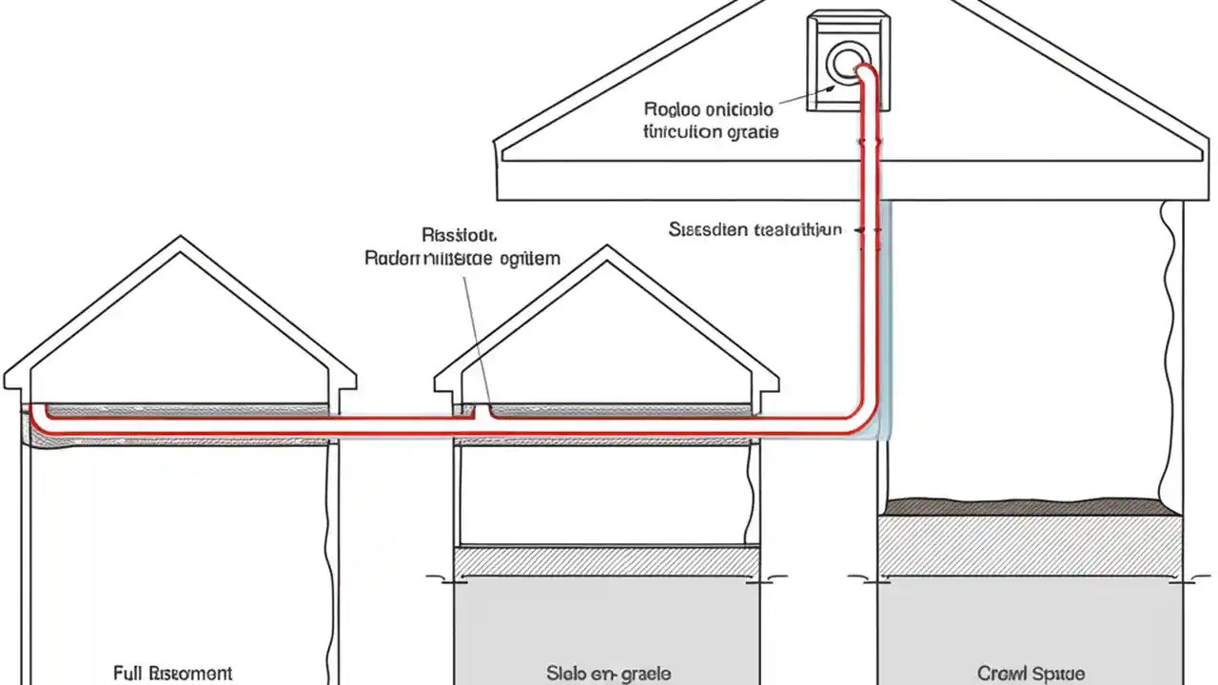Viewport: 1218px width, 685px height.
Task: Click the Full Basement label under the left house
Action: pyautogui.click(x=172, y=674)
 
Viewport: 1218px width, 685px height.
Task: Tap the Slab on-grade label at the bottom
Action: pyautogui.click(x=609, y=674)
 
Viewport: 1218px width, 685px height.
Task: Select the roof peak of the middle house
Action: pyautogui.click(x=606, y=249)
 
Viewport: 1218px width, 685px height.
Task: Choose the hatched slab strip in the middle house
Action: pyautogui.click(x=606, y=561)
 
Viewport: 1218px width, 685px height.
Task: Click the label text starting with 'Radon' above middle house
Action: pyautogui.click(x=462, y=258)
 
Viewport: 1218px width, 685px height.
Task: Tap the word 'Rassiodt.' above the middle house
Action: pyautogui.click(x=460, y=234)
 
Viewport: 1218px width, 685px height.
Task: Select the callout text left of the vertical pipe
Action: pyautogui.click(x=755, y=229)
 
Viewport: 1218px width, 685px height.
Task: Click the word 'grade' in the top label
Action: pyautogui.click(x=753, y=132)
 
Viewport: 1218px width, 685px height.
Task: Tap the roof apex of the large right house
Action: pyautogui.click(x=850, y=3)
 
